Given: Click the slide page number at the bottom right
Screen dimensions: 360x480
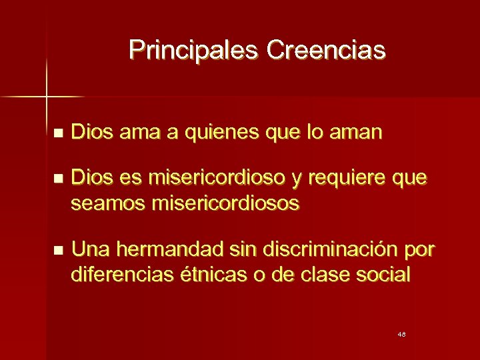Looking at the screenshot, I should pyautogui.click(x=401, y=333).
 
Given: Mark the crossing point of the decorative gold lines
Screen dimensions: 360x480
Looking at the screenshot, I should pyautogui.click(x=46, y=97).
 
